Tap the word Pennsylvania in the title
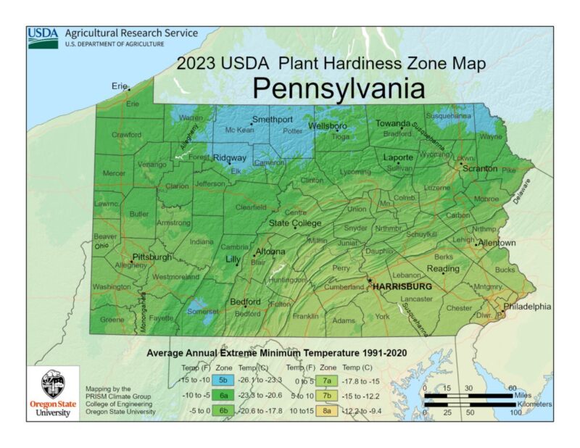pyautogui.click(x=338, y=88)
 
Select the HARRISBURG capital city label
pyautogui.click(x=402, y=287)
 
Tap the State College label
pyautogui.click(x=295, y=223)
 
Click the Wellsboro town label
pyautogui.click(x=328, y=125)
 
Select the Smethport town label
pyautogui.click(x=272, y=119)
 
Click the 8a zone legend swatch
pyautogui.click(x=329, y=410)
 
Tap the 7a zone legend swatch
pyautogui.click(x=329, y=380)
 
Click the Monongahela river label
pyautogui.click(x=144, y=309)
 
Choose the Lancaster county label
pyautogui.click(x=416, y=299)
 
